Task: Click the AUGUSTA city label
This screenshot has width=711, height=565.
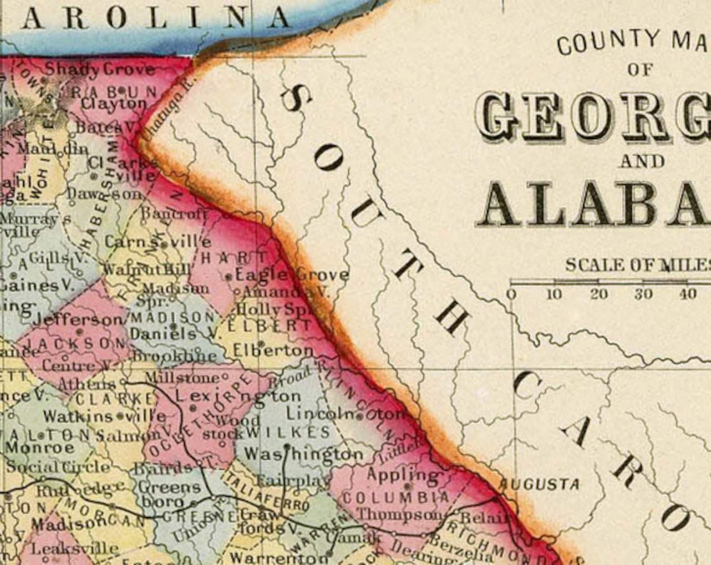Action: [539, 484]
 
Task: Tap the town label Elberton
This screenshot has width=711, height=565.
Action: [273, 350]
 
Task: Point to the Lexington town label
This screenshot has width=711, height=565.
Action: [238, 396]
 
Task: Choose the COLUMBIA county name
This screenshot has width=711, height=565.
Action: [396, 497]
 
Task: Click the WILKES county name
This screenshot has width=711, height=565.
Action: [288, 432]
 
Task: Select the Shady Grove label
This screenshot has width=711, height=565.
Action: [100, 69]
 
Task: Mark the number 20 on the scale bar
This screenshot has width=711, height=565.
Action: [599, 294]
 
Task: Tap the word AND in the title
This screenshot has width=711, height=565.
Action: [642, 161]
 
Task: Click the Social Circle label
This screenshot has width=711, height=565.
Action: [58, 467]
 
